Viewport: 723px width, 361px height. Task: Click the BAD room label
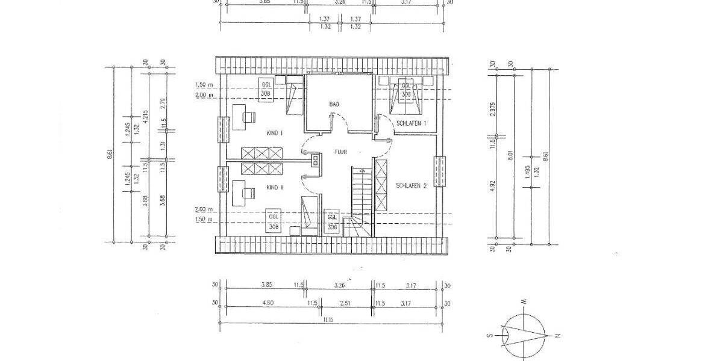click(334, 104)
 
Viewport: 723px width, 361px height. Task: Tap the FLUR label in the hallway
click(342, 152)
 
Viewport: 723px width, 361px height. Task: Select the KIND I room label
click(274, 132)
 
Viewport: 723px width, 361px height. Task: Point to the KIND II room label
click(275, 188)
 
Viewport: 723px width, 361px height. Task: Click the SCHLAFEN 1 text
click(412, 123)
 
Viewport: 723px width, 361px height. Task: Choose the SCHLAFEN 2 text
click(412, 186)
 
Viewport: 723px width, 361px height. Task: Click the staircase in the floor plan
click(362, 199)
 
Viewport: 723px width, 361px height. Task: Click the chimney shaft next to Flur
click(315, 160)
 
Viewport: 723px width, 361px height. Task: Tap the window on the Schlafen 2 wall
click(440, 171)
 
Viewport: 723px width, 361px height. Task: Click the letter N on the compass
click(558, 335)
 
